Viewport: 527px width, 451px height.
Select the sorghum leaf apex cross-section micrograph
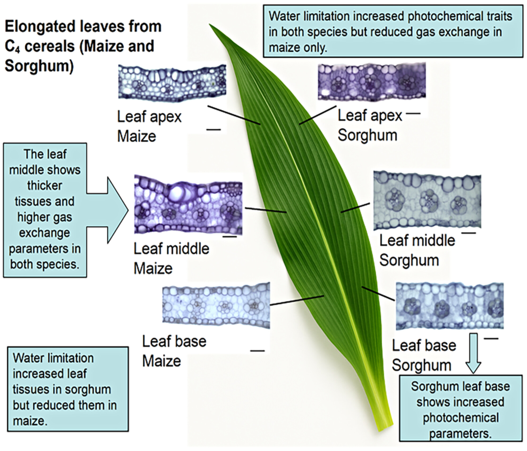(372, 82)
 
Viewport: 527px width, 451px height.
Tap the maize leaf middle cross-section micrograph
(188, 204)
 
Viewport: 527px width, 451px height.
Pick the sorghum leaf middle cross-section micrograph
(427, 200)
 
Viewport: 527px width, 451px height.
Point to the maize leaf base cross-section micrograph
(216, 306)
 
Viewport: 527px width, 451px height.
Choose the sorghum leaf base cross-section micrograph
(450, 306)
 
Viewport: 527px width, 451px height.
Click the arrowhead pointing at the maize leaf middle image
(118, 210)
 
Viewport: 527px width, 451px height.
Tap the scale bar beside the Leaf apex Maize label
(214, 130)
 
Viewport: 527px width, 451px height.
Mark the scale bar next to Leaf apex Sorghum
(414, 113)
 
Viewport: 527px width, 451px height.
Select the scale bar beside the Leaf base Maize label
(257, 351)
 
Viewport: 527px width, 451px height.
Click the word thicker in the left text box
(45, 185)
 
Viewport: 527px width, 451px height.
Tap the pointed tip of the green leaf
(210, 24)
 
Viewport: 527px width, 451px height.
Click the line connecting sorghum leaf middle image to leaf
(355, 208)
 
